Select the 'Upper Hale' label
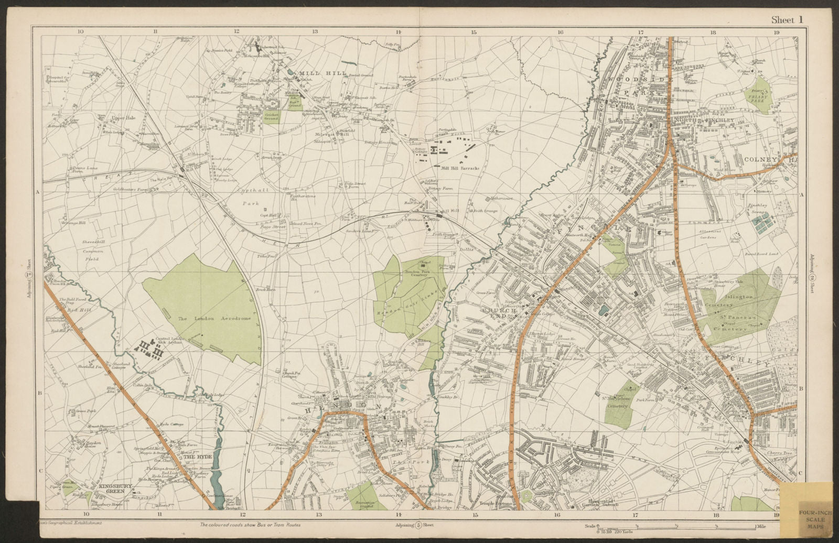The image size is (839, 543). point(123,118)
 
